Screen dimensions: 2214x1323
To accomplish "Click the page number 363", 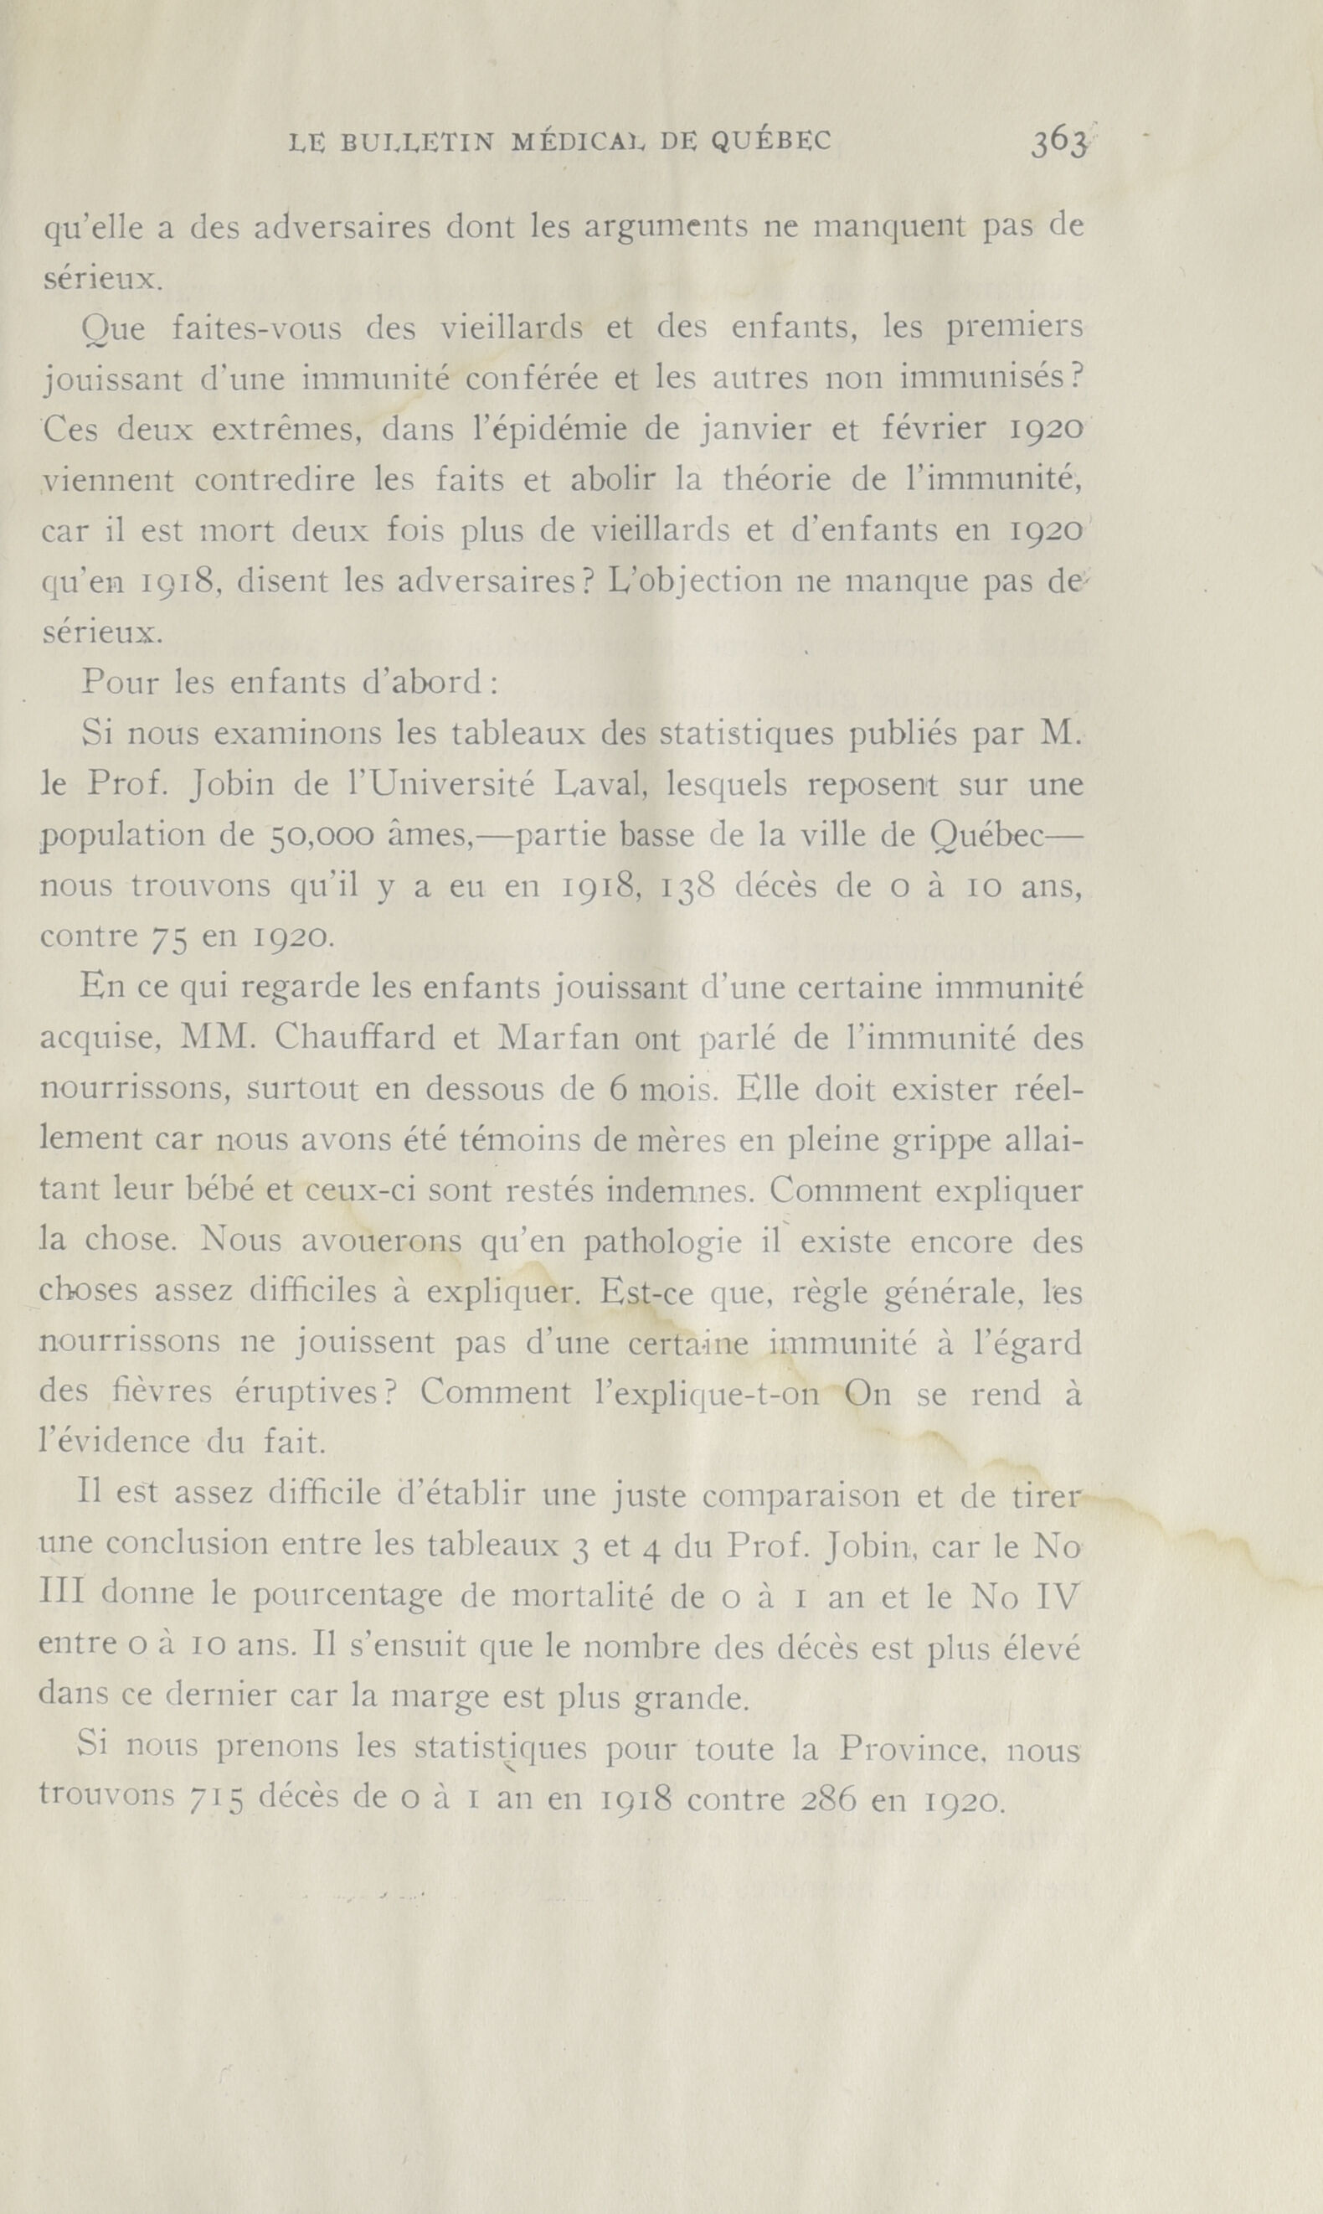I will pyautogui.click(x=1060, y=142).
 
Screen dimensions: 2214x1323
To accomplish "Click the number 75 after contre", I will pyautogui.click(x=167, y=939).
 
